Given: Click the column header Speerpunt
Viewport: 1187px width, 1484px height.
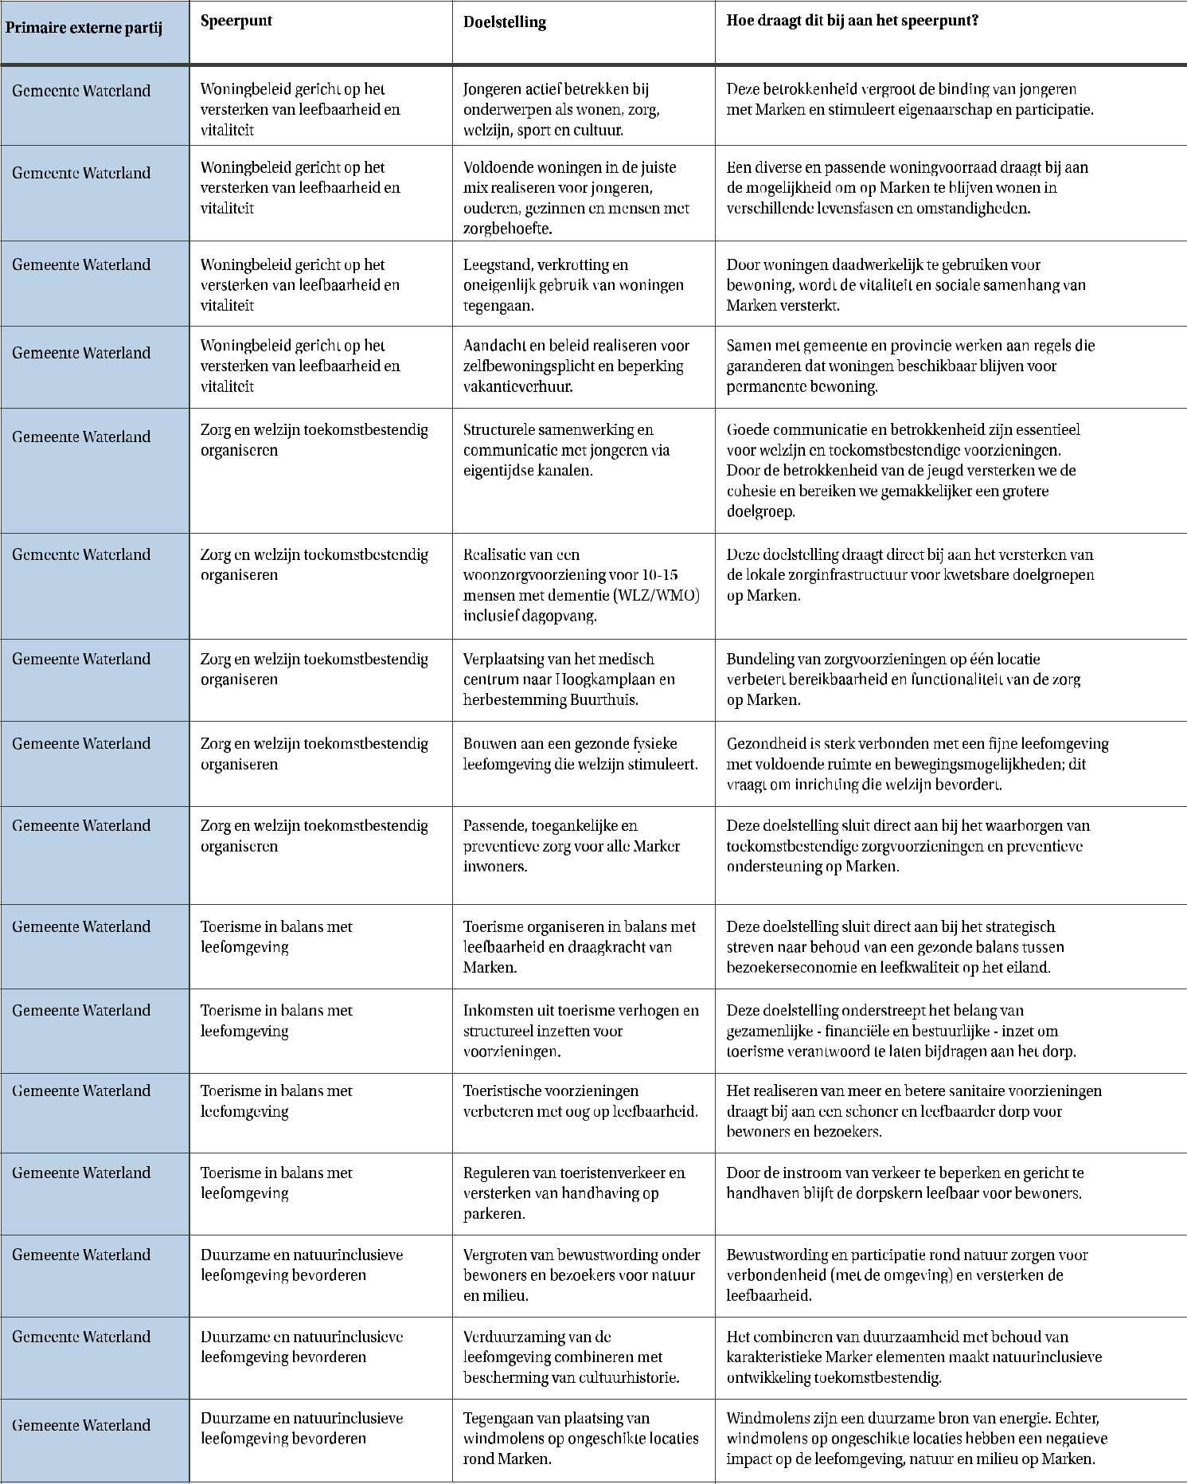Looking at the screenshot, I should [x=236, y=21].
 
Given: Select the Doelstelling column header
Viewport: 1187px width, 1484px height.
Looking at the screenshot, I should [x=505, y=22].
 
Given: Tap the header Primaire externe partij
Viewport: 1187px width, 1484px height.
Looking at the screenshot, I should [x=84, y=28].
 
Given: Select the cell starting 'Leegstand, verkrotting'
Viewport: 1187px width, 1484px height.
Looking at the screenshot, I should [x=573, y=284].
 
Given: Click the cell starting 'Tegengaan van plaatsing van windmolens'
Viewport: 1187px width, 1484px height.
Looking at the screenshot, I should [x=581, y=1438].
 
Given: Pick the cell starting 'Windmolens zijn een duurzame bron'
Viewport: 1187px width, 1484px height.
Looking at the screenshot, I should [x=916, y=1438].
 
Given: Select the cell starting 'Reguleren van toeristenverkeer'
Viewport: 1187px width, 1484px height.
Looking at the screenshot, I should [x=574, y=1192].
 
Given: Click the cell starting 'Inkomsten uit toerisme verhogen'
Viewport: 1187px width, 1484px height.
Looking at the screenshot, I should [x=581, y=1031].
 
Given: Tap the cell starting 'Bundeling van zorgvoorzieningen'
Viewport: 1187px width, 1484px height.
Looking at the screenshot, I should [x=903, y=679].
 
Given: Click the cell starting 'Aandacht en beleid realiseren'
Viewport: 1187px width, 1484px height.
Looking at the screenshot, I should [x=576, y=366].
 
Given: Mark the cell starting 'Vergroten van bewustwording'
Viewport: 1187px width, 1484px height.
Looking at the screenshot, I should [x=581, y=1275].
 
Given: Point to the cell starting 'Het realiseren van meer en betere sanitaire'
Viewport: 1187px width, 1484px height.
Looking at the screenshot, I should [x=914, y=1111].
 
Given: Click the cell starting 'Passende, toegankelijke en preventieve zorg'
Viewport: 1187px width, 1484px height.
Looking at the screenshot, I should [x=571, y=846].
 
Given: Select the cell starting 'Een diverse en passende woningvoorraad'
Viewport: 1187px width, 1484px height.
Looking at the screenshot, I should [x=907, y=188].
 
